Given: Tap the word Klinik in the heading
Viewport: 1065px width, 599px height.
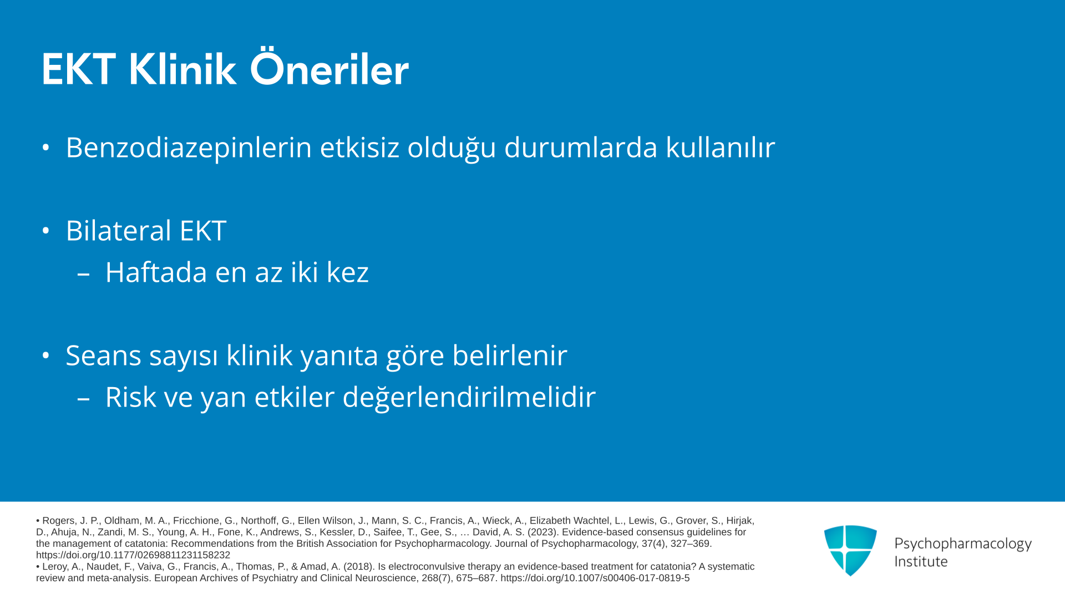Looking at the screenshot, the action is [x=182, y=69].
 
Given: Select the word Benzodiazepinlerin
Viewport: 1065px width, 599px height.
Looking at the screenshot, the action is [x=189, y=148].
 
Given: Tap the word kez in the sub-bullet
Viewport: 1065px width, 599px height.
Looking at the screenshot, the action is [x=348, y=272].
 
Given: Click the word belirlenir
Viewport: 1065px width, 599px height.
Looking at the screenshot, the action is [x=510, y=355].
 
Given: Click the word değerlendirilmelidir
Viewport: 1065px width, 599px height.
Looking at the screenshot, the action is [x=469, y=398].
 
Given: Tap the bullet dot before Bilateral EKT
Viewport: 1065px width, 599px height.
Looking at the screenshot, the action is [x=46, y=231].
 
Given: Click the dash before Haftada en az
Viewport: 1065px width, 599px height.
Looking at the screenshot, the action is [x=84, y=273].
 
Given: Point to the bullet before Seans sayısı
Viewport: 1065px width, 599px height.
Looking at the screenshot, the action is [x=46, y=356].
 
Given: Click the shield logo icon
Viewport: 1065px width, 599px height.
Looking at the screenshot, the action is [x=850, y=550].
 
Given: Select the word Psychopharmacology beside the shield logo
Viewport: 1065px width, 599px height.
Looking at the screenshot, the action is [x=963, y=544].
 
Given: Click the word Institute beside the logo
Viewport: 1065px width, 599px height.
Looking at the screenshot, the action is [x=921, y=562].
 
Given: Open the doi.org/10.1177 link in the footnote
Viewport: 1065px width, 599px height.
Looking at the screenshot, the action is [x=133, y=555].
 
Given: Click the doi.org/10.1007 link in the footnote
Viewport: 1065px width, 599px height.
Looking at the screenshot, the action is [x=595, y=578].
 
